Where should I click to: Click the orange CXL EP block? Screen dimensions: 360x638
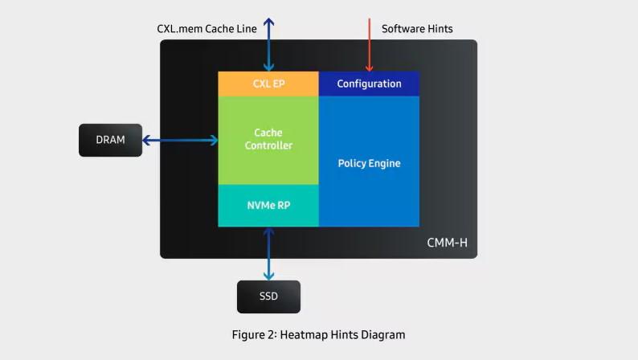(x=268, y=84)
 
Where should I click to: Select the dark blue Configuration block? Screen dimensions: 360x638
(x=369, y=84)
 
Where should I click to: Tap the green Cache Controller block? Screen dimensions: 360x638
(x=268, y=139)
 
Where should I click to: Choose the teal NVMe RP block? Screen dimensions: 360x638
(x=268, y=205)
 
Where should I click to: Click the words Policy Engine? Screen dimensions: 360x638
(x=369, y=163)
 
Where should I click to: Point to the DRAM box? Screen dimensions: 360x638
(x=110, y=140)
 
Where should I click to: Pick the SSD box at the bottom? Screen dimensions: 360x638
(x=268, y=297)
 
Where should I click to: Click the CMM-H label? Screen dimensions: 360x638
(x=447, y=242)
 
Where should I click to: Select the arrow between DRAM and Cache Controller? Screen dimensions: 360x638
(x=180, y=141)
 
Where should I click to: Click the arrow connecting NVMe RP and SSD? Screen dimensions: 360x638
(x=268, y=253)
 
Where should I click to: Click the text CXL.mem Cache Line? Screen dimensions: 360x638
(x=207, y=29)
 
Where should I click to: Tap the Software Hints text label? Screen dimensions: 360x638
(x=417, y=29)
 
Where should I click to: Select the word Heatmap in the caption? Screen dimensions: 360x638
(x=301, y=334)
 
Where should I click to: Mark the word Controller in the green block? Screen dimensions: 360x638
(x=268, y=145)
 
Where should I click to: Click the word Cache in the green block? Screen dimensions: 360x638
(x=268, y=133)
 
